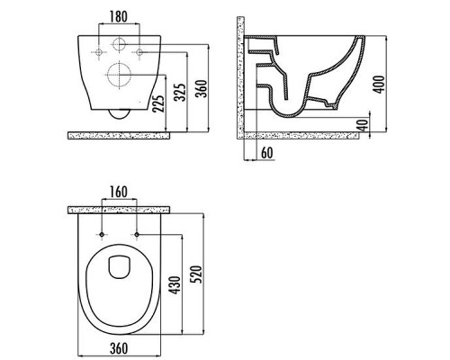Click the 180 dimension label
pyautogui.click(x=119, y=16)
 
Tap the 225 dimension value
pyautogui.click(x=158, y=103)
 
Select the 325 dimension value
pyautogui.click(x=181, y=93)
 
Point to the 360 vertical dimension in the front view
pyautogui.click(x=202, y=88)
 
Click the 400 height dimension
pyautogui.click(x=379, y=85)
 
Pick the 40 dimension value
pyautogui.click(x=363, y=125)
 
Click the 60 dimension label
pyautogui.click(x=267, y=153)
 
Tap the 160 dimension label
pyautogui.click(x=119, y=193)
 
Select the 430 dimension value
pyautogui.click(x=175, y=285)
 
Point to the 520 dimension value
pyautogui.click(x=197, y=274)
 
